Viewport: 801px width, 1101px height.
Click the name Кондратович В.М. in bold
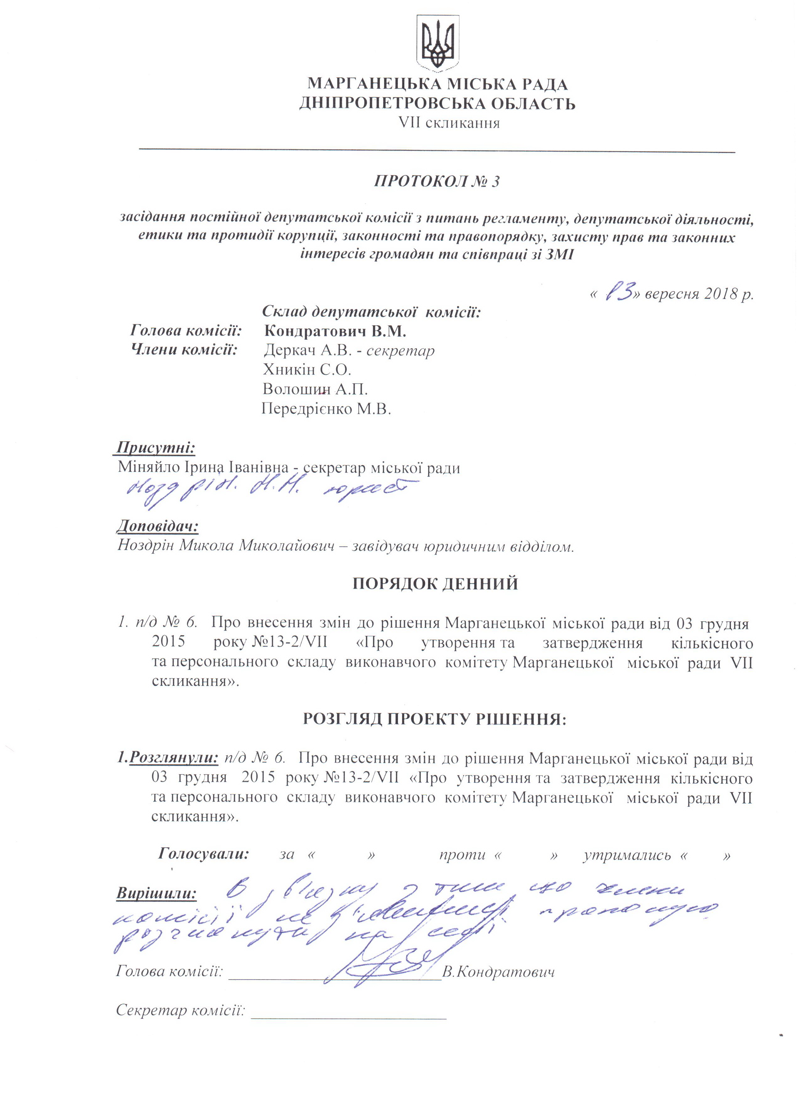tap(335, 332)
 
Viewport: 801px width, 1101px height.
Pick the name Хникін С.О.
tap(307, 370)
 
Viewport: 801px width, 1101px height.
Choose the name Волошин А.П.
tap(315, 389)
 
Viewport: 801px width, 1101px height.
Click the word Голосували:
tap(203, 854)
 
